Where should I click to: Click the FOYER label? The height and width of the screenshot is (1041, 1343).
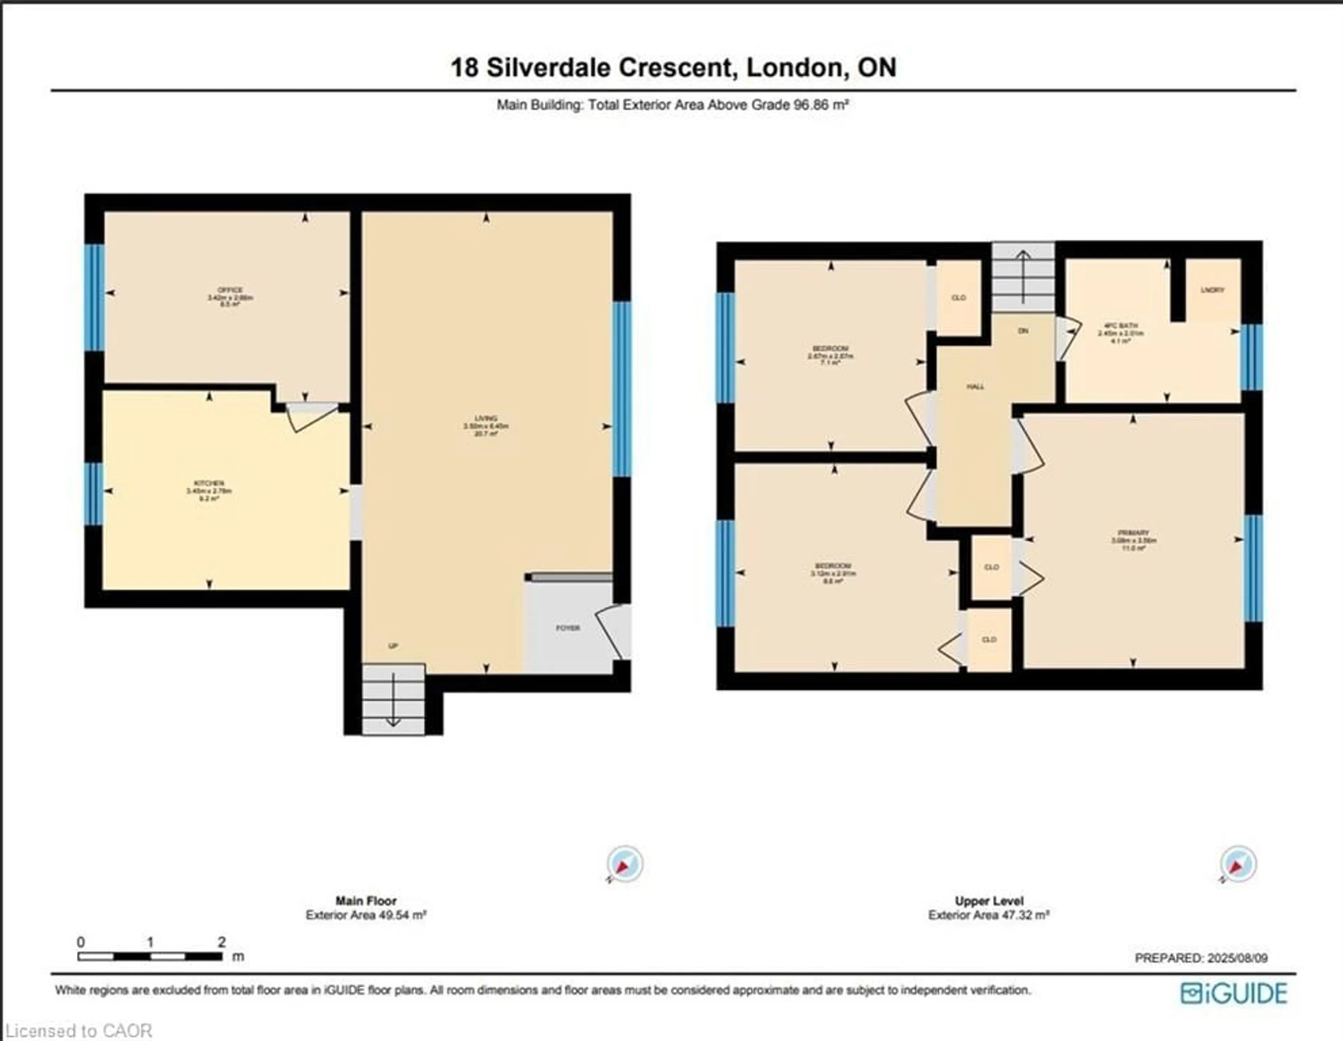point(568,628)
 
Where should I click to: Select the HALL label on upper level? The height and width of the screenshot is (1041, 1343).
point(975,387)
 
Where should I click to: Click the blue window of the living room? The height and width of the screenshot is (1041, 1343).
point(622,389)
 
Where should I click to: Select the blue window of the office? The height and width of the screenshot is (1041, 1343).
point(94,298)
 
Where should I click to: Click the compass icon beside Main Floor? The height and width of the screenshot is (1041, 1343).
point(625,864)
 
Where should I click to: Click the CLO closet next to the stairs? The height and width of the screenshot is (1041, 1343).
point(958,298)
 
